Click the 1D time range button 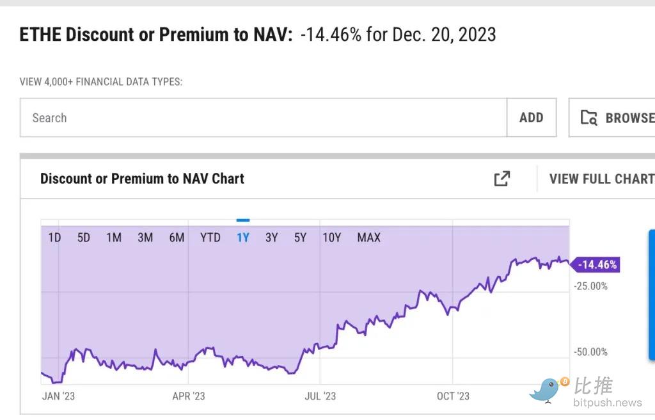click(54, 238)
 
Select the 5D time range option click(84, 238)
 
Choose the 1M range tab click(114, 238)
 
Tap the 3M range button click(145, 238)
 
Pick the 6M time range click(177, 238)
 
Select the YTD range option click(210, 238)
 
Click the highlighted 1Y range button click(243, 238)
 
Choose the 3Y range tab click(272, 238)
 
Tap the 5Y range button click(301, 238)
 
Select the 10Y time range click(332, 238)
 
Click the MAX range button click(368, 238)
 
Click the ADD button click(531, 118)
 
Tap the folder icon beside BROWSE click(588, 118)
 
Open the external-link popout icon click(502, 179)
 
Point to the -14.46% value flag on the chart click(597, 264)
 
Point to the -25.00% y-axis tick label click(591, 286)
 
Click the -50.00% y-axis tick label click(591, 352)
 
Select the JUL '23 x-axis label click(320, 396)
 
